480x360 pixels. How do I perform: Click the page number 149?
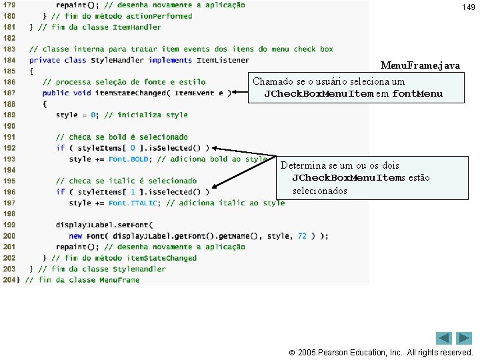coord(468,7)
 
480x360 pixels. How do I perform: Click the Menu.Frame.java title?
coord(419,65)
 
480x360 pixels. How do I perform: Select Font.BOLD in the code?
coord(128,159)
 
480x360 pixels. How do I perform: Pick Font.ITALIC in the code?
coord(133,203)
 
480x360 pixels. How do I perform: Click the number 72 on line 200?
coord(302,236)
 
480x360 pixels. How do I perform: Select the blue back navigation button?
coord(444,338)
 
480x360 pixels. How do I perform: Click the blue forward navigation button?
coord(464,338)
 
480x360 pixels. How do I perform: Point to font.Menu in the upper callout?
coord(417,94)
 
